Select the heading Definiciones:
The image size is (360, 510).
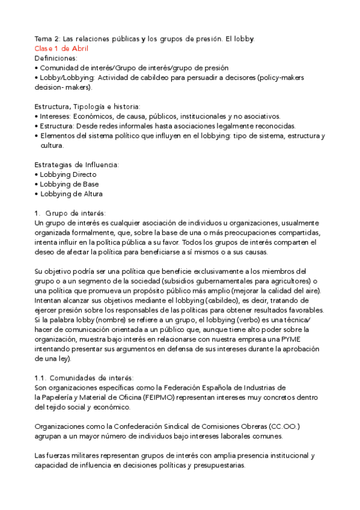56,58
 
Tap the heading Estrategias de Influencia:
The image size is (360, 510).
77,165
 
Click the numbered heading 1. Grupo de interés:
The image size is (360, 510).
71,213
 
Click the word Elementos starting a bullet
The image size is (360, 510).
58,136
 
